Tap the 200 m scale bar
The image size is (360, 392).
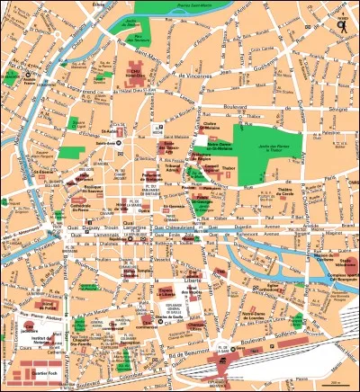334,385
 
